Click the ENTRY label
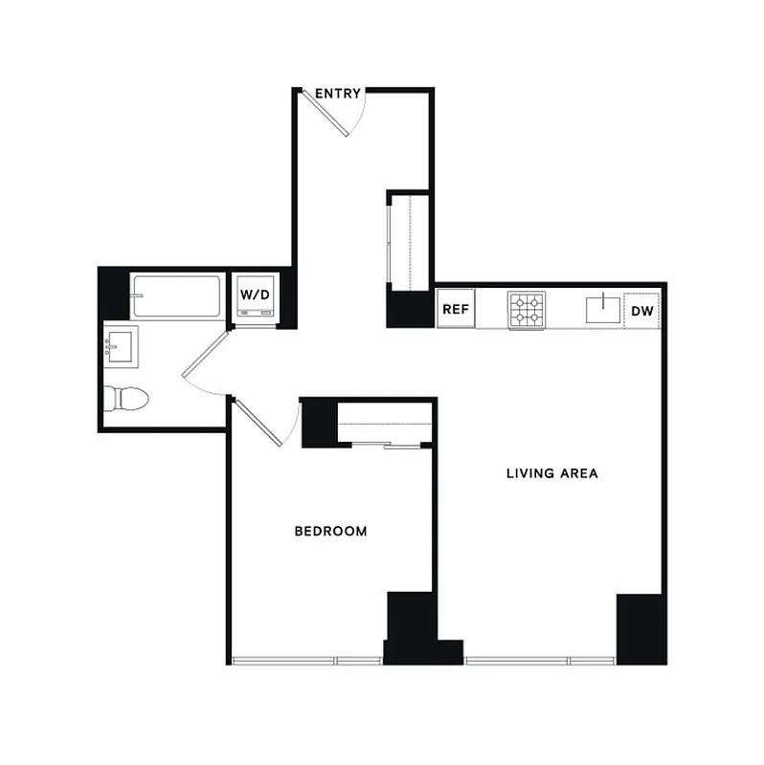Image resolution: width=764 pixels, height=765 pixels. coord(338,94)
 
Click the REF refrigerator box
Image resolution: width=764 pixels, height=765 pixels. coord(456,310)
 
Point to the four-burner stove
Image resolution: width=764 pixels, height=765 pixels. coord(525,310)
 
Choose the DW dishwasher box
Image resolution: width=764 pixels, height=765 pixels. coord(643,310)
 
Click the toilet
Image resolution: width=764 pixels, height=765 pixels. coord(126,396)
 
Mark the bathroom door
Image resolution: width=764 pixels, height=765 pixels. coord(203,363)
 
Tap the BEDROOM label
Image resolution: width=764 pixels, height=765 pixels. coord(330,532)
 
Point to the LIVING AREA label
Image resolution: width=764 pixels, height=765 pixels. coord(552,473)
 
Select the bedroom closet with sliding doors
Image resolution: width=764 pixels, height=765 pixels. coord(387,423)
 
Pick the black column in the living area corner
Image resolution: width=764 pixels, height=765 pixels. coord(640,628)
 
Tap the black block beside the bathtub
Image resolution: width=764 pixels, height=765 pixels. coord(114,291)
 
